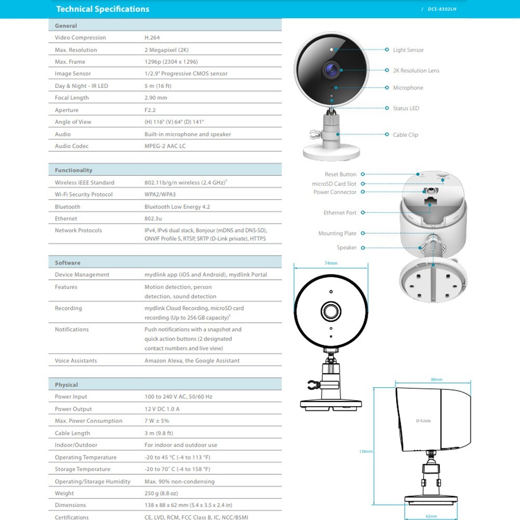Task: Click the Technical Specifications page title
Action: coord(102,9)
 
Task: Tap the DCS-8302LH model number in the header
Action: coord(442,9)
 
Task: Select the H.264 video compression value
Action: coord(151,38)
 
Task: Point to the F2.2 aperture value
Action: coord(150,110)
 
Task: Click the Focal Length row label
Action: coord(72,98)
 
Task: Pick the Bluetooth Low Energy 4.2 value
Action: coord(177,207)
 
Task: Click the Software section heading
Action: coord(68,263)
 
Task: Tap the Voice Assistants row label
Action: coord(76,361)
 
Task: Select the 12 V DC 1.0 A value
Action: coord(162,409)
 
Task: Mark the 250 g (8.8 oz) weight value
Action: coord(161,493)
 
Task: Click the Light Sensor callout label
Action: coord(408,50)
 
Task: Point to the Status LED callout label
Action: coord(406,109)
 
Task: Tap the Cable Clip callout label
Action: coord(406,135)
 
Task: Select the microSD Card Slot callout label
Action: coord(334,184)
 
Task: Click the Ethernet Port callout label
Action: coord(340,213)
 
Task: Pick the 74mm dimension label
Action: coord(331,264)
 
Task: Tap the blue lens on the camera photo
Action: coord(330,69)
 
